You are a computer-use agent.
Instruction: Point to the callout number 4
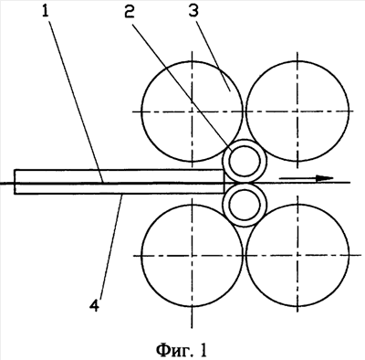tap(94, 305)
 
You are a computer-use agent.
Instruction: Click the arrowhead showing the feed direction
tap(325, 178)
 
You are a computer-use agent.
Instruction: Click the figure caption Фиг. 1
tap(182, 350)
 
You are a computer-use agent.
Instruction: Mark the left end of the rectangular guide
tap(15, 182)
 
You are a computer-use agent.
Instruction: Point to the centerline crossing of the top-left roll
tap(192, 111)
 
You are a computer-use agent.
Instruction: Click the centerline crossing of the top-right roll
tap(297, 111)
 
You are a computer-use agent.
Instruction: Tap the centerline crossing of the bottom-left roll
tap(192, 255)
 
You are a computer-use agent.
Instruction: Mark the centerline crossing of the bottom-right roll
tap(297, 255)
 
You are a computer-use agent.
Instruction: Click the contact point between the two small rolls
tap(245, 184)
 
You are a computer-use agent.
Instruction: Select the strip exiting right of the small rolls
tap(308, 183)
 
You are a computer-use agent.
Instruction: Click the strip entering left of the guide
tap(7, 184)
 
